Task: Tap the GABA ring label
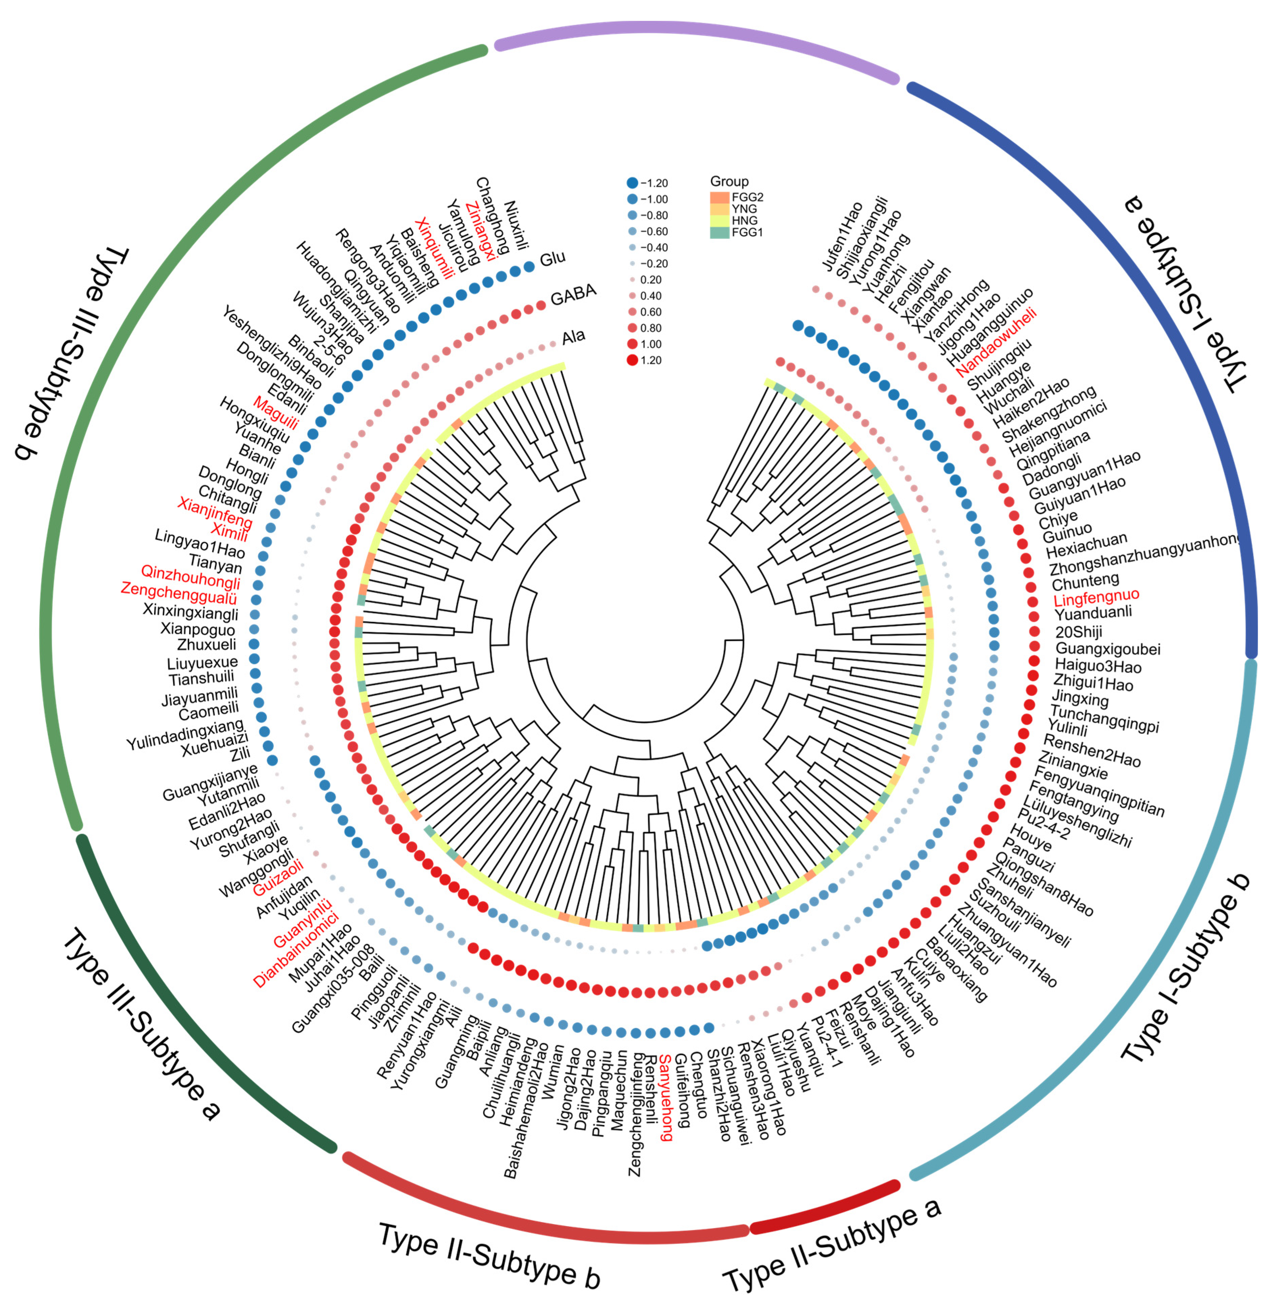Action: pos(573,295)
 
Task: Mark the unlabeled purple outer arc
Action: pos(696,34)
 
